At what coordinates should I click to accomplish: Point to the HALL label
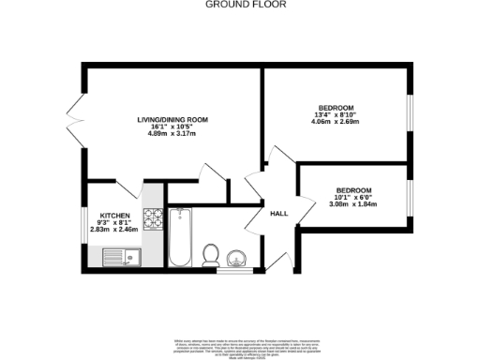[x=278, y=214]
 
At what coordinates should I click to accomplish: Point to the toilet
[x=212, y=254]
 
